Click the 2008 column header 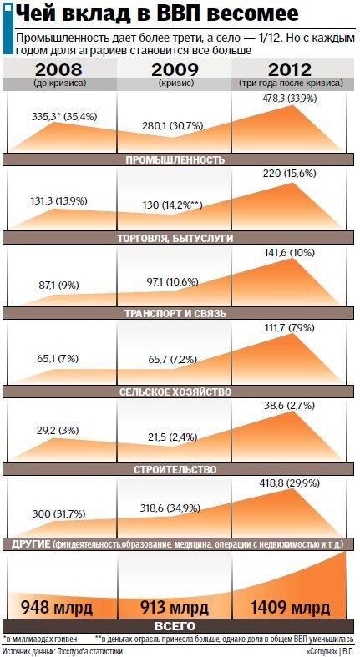(x=59, y=69)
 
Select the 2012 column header (x=291, y=69)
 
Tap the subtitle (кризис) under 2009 (x=176, y=83)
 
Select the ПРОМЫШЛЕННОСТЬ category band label (x=175, y=159)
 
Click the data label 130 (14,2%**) (x=172, y=205)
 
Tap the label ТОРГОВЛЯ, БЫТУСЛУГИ (x=175, y=238)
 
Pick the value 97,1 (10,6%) (x=170, y=282)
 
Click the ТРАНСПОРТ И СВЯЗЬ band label (x=175, y=313)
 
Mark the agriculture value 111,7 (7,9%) (x=288, y=327)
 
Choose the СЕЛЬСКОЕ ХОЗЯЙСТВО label (x=175, y=392)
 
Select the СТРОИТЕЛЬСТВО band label (x=175, y=469)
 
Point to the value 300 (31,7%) (x=58, y=514)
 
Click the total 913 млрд (x=175, y=607)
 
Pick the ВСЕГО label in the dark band (x=175, y=626)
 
